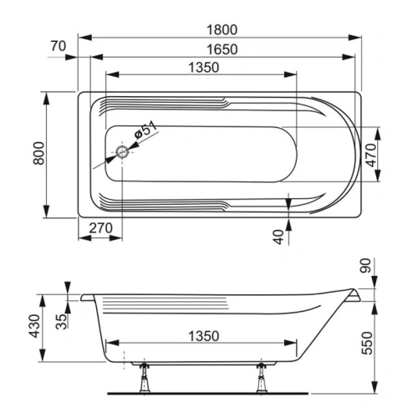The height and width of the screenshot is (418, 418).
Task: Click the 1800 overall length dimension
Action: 221,28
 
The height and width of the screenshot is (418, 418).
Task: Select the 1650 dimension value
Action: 221,48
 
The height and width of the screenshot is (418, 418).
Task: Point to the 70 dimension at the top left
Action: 58,47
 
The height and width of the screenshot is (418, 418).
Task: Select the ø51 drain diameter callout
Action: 144,132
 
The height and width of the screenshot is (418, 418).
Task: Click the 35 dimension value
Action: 59,322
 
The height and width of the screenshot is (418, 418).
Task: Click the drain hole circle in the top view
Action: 123,152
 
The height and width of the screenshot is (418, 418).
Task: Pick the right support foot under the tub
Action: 263,380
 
